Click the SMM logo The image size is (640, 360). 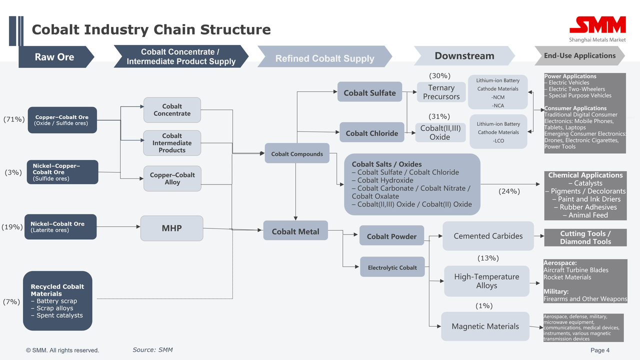pyautogui.click(x=597, y=29)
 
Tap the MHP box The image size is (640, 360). pyautogui.click(x=171, y=228)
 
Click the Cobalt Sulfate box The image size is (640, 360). pyautogui.click(x=369, y=91)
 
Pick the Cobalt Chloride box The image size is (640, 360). pyautogui.click(x=371, y=132)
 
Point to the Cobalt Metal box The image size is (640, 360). pyautogui.click(x=295, y=230)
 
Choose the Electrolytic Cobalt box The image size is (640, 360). pyautogui.click(x=392, y=267)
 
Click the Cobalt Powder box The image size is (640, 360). pyautogui.click(x=391, y=235)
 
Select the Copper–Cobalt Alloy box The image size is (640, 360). pyautogui.click(x=172, y=178)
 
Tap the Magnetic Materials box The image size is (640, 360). pyautogui.click(x=485, y=326)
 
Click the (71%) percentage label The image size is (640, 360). pyautogui.click(x=14, y=119)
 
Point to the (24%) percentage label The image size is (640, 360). pyautogui.click(x=509, y=191)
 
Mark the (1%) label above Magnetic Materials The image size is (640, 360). pyautogui.click(x=484, y=305)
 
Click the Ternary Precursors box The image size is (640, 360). pyautogui.click(x=441, y=92)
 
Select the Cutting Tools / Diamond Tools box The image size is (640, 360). pyautogui.click(x=585, y=237)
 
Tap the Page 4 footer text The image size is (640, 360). pyautogui.click(x=600, y=350)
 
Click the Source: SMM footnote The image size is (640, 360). pyautogui.click(x=152, y=349)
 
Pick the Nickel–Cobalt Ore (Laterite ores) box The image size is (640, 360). pyautogui.click(x=60, y=227)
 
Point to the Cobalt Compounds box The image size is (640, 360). pyautogui.click(x=297, y=153)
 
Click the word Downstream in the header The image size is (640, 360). pyautogui.click(x=464, y=55)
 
